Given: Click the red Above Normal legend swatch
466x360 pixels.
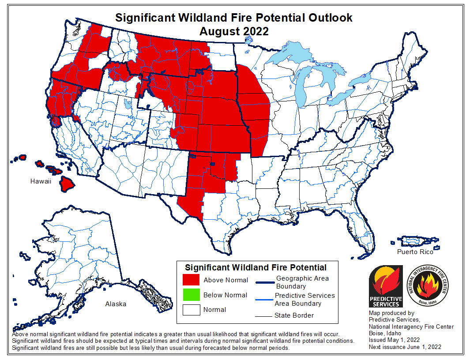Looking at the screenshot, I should coord(191,280).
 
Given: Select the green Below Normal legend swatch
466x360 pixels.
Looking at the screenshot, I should coord(191,295).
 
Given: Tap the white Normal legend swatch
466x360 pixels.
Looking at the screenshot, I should coord(191,310).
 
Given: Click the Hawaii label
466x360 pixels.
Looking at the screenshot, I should coord(41,181).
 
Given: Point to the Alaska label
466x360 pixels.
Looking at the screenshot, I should coord(116,304).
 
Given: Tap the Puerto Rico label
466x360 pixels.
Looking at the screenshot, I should coord(415,252).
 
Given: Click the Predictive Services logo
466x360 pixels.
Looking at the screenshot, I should coord(385,286).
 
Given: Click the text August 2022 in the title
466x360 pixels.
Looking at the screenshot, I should coord(233,31).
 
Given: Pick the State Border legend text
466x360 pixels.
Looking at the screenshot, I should coord(294,315).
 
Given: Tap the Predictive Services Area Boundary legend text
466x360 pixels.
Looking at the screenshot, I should coord(304,300).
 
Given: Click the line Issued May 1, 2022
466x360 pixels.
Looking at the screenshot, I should coord(394,340).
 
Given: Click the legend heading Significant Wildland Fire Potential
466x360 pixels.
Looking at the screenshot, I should coord(256,267).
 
